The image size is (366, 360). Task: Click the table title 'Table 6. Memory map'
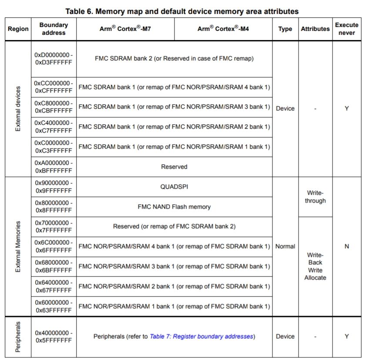tap(182, 11)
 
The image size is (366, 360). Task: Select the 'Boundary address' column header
tap(54, 29)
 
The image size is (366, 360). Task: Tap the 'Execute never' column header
tap(346, 29)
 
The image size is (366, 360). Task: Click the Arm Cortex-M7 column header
tap(125, 29)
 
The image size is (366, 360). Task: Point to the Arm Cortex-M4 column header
tap(223, 29)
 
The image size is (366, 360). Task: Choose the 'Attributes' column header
tap(315, 29)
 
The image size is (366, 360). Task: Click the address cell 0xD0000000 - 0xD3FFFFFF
tap(54, 58)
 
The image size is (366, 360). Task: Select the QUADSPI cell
tap(174, 187)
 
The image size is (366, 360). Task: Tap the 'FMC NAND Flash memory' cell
tap(174, 207)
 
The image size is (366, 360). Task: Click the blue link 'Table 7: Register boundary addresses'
tap(202, 336)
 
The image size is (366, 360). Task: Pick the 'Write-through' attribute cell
tap(315, 197)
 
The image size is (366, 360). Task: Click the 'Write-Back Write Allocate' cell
tap(315, 266)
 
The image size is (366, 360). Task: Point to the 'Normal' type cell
tap(285, 246)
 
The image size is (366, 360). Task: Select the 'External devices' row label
tap(18, 109)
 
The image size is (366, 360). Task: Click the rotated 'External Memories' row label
tap(18, 246)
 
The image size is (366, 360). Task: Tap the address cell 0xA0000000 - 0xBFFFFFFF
tap(54, 167)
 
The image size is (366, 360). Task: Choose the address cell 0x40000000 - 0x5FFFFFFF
tap(54, 336)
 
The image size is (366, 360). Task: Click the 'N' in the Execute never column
tap(346, 246)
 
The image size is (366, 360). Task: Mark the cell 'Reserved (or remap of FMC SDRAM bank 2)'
tap(174, 226)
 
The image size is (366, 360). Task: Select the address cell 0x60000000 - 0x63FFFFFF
tap(54, 306)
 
